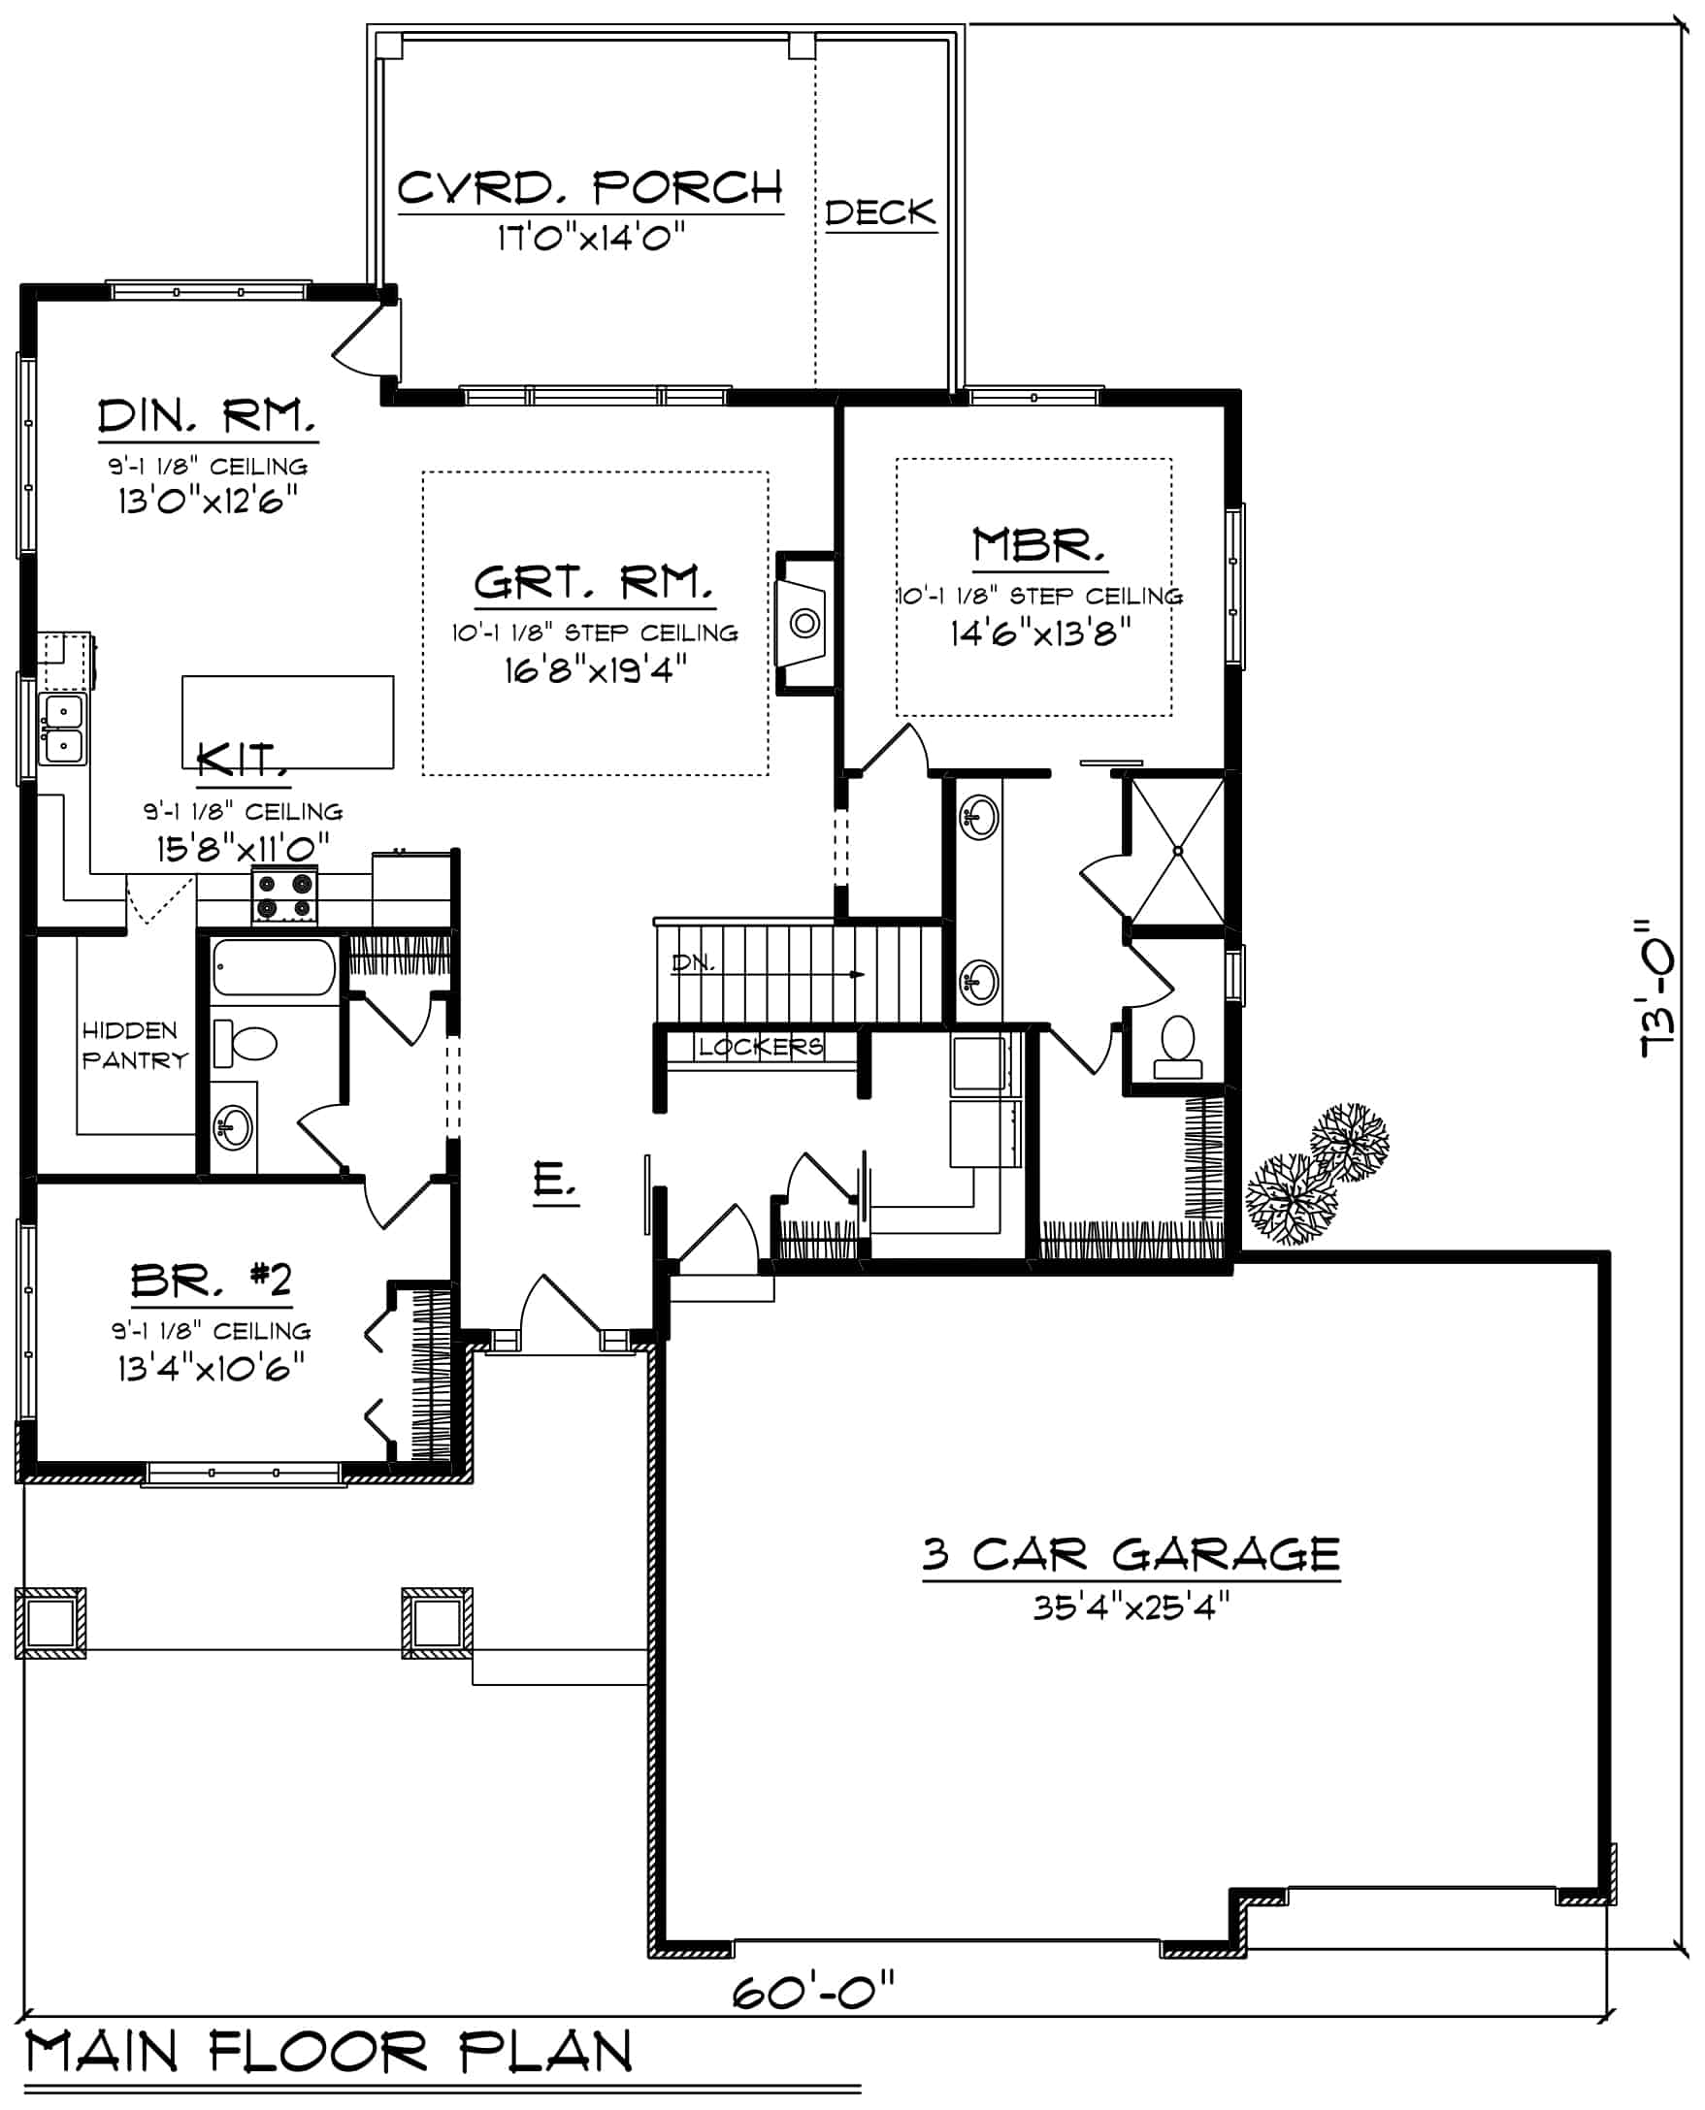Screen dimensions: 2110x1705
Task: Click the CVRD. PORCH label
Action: (x=589, y=187)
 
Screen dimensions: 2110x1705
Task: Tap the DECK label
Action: (x=880, y=213)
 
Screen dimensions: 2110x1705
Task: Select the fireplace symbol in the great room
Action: (x=804, y=624)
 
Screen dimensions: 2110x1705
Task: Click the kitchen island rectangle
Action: (x=288, y=721)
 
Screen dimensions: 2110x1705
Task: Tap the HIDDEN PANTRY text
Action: (x=134, y=1045)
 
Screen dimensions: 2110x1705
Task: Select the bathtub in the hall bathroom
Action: (x=274, y=967)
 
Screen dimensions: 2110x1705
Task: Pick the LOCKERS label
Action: (x=760, y=1047)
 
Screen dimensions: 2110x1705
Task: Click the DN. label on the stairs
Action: (x=693, y=963)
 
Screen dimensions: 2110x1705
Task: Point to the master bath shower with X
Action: (x=1178, y=850)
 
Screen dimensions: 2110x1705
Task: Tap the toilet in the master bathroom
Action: (x=1178, y=1047)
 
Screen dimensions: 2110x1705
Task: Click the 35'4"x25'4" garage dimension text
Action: (x=1131, y=1607)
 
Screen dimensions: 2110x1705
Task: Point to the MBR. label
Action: (x=1038, y=545)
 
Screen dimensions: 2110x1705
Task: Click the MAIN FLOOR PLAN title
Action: (x=329, y=2052)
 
